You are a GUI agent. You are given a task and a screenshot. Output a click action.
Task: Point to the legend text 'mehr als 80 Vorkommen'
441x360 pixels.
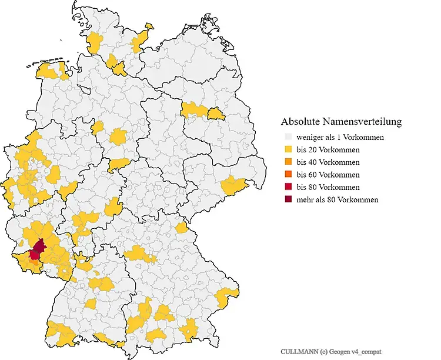pos(337,199)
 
